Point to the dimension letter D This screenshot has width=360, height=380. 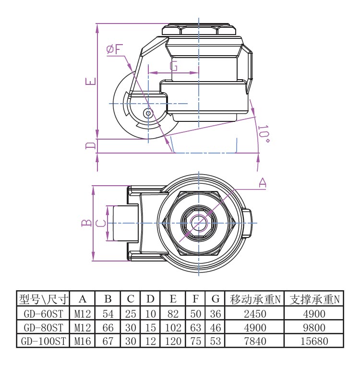coord(90,145)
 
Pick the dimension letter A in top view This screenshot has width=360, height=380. coord(263,182)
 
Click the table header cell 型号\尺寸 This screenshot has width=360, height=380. coord(43,299)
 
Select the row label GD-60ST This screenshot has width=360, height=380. coord(43,314)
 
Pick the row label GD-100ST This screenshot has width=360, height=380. coord(43,342)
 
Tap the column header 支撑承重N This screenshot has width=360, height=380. coord(314,299)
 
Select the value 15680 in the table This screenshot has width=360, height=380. coord(314,342)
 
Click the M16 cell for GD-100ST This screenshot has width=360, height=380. coord(83,342)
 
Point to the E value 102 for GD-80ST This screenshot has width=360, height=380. coord(173,328)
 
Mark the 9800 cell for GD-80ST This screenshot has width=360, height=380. coord(314,328)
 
